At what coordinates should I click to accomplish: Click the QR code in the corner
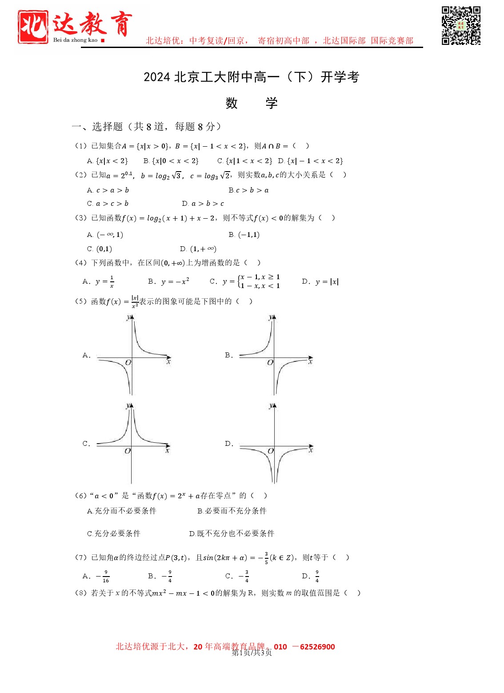click(461, 25)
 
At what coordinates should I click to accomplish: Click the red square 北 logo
click(33, 26)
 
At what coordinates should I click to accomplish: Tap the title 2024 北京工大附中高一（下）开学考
click(251, 77)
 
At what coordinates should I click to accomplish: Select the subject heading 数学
click(251, 103)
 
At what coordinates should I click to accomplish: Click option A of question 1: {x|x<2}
click(108, 161)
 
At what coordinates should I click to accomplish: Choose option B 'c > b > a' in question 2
click(249, 190)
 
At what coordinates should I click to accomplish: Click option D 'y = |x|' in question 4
click(320, 281)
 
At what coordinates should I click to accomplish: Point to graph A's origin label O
click(128, 362)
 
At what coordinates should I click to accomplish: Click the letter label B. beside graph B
click(229, 355)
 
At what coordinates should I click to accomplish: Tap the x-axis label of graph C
click(167, 451)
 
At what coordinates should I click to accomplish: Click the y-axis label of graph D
click(271, 406)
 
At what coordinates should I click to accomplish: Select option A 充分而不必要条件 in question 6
click(122, 511)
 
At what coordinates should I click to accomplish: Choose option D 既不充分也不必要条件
click(232, 533)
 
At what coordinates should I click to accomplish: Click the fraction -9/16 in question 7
click(103, 577)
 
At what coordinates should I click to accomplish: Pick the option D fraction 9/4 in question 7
click(317, 577)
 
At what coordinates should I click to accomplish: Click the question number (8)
click(81, 593)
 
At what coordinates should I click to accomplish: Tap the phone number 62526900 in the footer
click(317, 647)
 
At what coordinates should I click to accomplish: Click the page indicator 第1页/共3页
click(252, 653)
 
